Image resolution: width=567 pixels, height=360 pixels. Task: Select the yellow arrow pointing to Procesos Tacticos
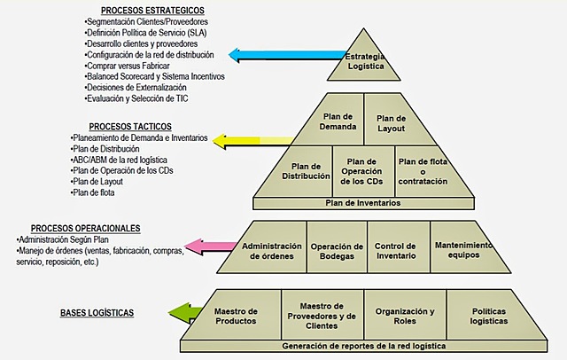257,140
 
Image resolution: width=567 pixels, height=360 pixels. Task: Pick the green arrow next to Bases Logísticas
189,313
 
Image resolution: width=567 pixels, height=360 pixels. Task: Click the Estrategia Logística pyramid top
364,58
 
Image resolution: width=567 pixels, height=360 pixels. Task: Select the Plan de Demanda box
338,122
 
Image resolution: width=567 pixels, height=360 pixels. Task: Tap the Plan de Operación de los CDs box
361,168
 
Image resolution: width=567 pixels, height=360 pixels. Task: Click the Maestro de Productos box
237,315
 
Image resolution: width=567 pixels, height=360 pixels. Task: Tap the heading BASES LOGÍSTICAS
97,313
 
